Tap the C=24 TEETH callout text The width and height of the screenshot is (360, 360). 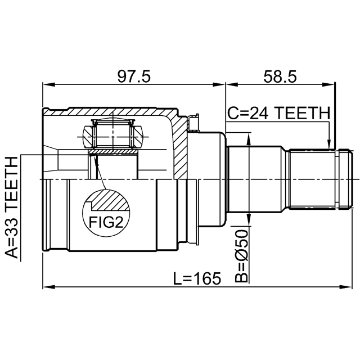coord(278,114)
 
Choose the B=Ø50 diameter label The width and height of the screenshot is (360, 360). coord(241,256)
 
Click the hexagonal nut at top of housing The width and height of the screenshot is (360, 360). coord(112,135)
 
